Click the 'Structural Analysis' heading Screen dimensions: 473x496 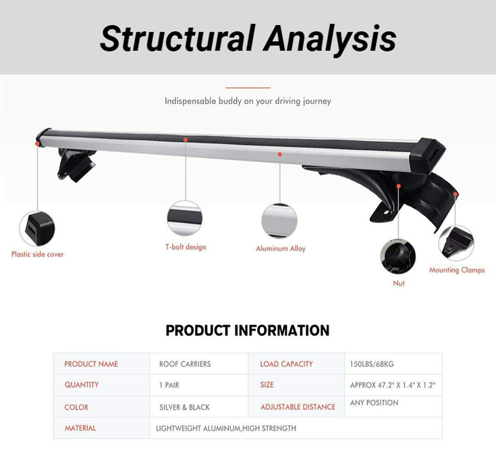click(248, 38)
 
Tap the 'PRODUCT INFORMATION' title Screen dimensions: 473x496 click(248, 331)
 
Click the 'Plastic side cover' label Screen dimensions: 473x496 click(38, 255)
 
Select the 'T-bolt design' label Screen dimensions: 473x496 click(186, 247)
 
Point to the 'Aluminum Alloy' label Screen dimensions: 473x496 click(280, 249)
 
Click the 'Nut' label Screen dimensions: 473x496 click(399, 283)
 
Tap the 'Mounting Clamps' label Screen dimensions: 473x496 click(457, 270)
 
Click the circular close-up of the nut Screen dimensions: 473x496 click(398, 257)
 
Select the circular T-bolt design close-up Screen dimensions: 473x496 click(184, 218)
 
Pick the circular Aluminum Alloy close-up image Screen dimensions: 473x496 click(279, 220)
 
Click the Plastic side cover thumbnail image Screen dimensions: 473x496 click(36, 228)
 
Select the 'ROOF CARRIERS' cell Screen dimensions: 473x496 click(184, 364)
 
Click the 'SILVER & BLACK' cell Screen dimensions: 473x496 click(184, 407)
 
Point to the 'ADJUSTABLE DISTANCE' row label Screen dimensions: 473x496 click(298, 407)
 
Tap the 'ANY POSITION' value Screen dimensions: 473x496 click(375, 403)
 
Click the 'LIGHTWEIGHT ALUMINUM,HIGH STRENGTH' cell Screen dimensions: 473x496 click(226, 428)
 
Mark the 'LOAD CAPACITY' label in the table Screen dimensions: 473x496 click(286, 364)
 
